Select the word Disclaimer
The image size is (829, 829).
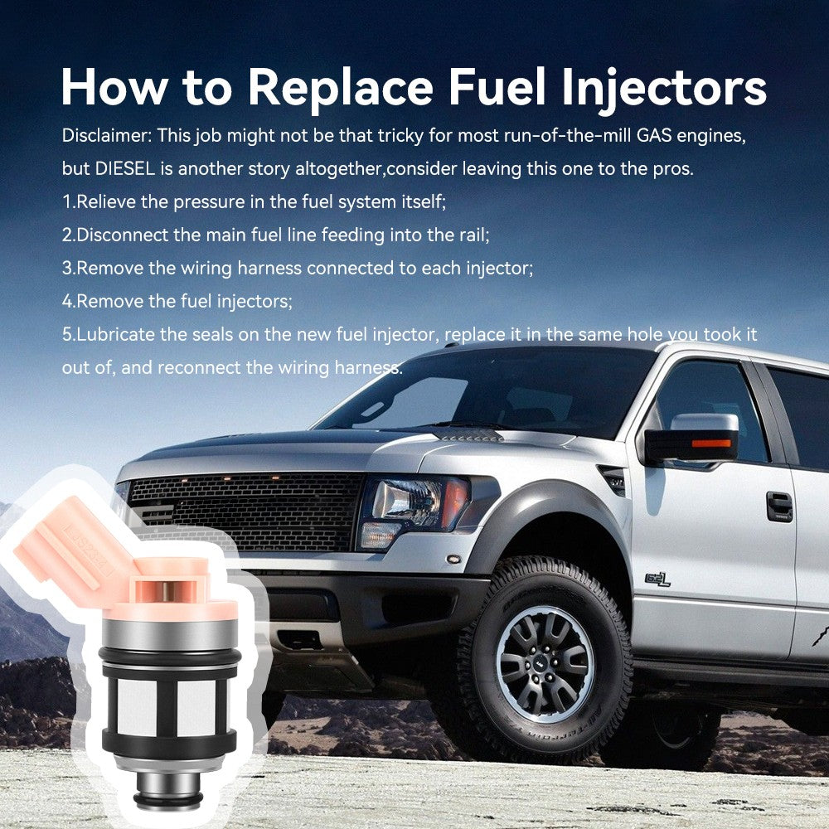[107, 135]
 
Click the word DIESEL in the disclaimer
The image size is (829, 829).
[125, 168]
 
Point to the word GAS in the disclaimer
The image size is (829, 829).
[654, 135]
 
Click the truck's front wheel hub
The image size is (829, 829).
[545, 665]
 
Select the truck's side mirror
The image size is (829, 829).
[691, 438]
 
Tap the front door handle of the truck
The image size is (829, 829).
[779, 506]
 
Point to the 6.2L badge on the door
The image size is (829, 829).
[657, 579]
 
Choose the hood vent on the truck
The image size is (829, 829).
[468, 436]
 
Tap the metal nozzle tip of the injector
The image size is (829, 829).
[168, 790]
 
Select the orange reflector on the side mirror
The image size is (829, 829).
[711, 443]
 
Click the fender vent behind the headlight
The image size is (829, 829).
[613, 480]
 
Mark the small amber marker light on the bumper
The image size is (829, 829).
[453, 559]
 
